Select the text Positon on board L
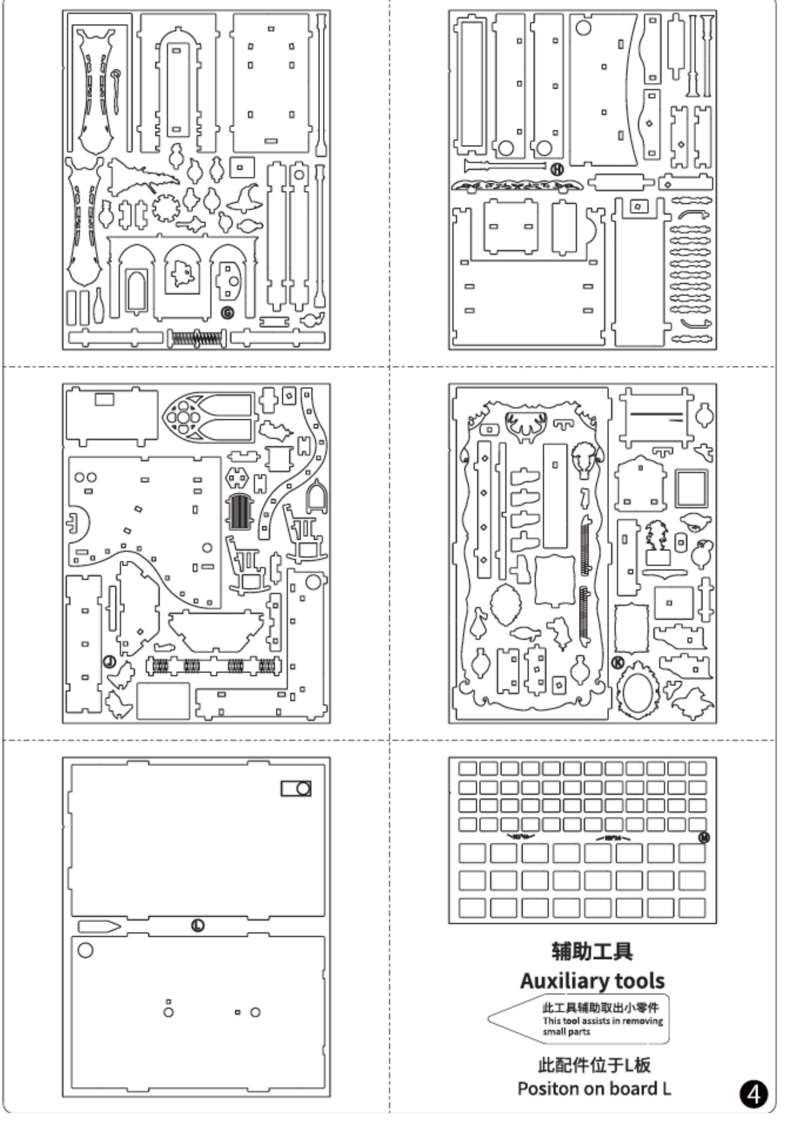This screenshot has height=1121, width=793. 594,1089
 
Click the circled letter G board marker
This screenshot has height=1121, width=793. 227,313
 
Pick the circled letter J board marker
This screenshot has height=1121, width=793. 109,662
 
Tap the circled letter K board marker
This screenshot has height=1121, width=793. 618,663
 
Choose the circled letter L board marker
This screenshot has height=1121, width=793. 198,925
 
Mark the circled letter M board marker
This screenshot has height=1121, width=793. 704,837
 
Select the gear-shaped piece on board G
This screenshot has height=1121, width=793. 164,208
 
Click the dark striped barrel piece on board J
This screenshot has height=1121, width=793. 240,512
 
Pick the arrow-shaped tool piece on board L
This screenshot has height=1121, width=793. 99,927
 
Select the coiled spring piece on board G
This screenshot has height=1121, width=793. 196,339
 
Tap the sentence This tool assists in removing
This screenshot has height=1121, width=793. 603,1021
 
